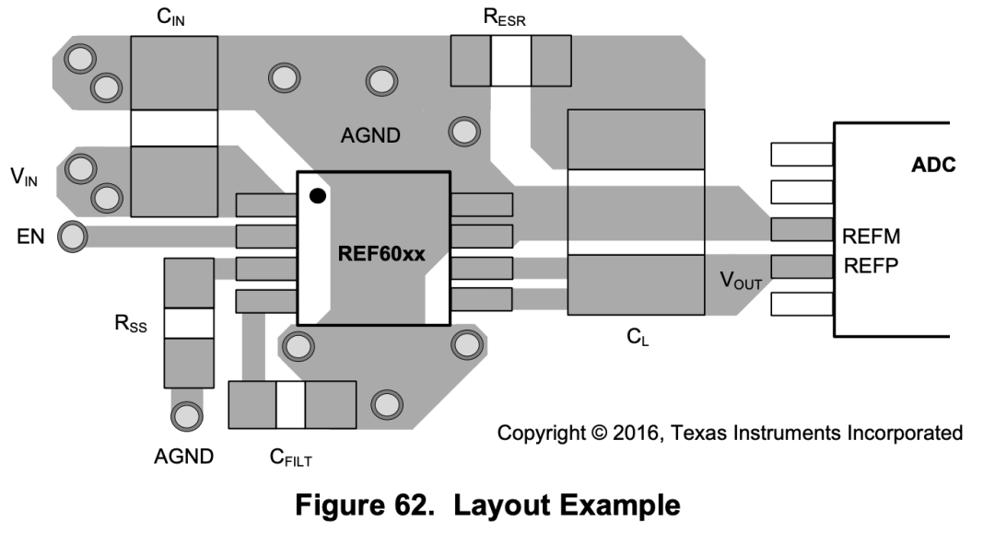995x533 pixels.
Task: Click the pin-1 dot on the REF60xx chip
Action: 318,196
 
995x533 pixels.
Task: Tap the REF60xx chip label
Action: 381,254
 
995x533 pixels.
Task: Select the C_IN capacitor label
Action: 170,17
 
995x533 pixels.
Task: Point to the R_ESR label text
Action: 505,17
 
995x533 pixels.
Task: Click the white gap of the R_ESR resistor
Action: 510,61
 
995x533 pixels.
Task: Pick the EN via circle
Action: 73,237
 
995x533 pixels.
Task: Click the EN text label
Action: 30,237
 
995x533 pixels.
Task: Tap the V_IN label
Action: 24,177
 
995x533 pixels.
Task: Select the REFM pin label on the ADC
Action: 871,237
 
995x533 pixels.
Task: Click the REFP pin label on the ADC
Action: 871,265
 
